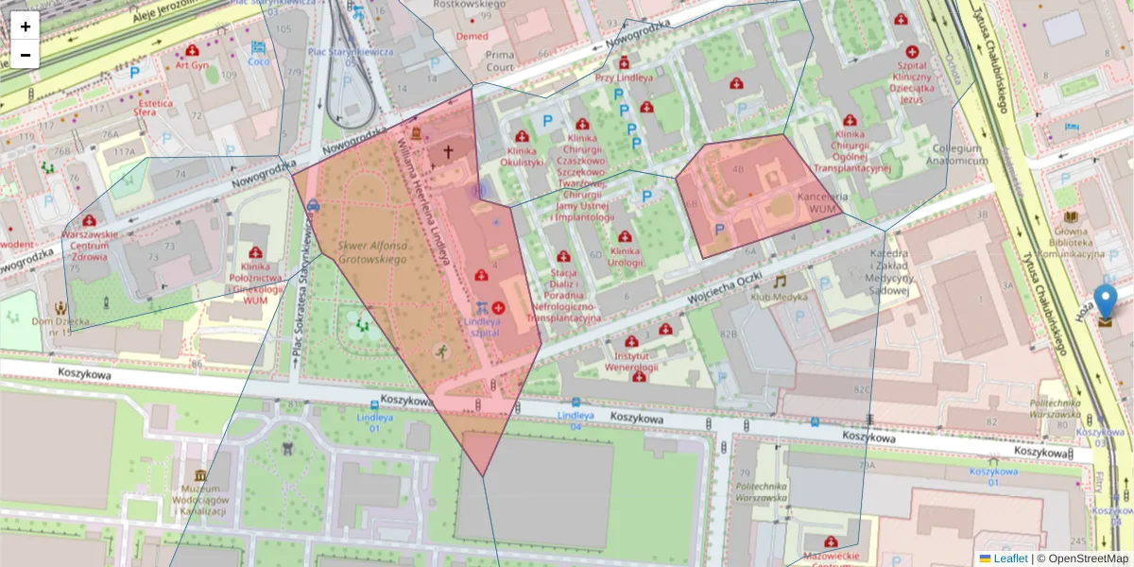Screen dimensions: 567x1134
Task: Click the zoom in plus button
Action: tap(25, 26)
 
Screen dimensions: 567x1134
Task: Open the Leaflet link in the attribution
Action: tap(1010, 558)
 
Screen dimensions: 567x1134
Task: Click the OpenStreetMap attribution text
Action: tap(1083, 558)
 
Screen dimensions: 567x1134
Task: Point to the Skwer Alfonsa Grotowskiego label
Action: tap(372, 250)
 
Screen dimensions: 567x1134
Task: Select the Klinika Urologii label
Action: tap(625, 257)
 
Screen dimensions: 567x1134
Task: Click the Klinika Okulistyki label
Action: tap(525, 156)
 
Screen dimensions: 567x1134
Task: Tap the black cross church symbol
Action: tap(448, 151)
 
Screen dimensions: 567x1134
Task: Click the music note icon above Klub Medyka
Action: tap(780, 281)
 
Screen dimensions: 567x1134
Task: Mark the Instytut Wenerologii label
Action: tap(631, 361)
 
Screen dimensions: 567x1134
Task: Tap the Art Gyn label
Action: tap(192, 65)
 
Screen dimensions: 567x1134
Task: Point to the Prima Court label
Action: tap(500, 61)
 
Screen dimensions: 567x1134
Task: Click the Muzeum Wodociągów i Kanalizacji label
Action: tap(200, 499)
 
